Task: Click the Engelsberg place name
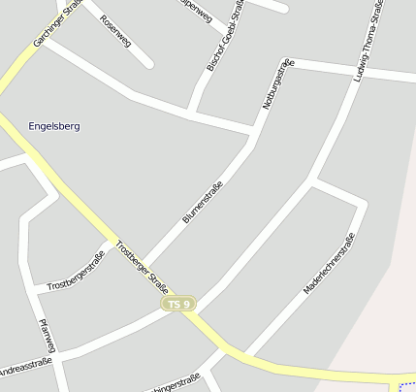point(54,126)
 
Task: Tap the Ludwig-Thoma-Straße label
point(369,42)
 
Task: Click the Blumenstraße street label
point(203,203)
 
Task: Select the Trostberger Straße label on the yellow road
point(142,267)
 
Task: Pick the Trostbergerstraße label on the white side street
point(76,271)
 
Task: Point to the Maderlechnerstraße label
point(329,263)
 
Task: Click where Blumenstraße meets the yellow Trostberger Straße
point(145,270)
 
